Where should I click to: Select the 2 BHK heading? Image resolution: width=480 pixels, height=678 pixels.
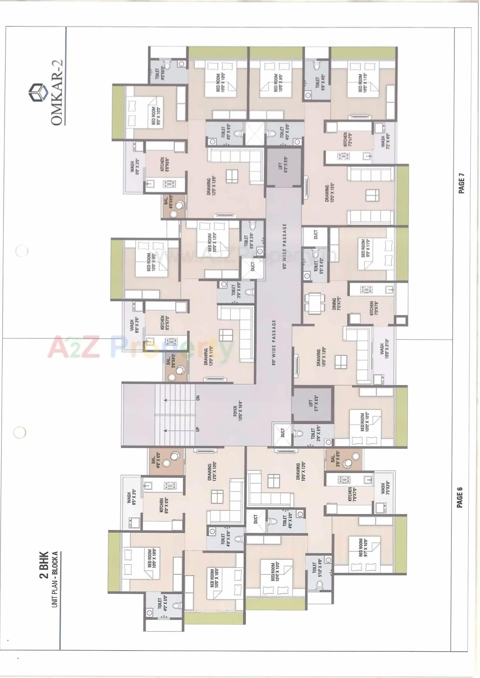(x=44, y=564)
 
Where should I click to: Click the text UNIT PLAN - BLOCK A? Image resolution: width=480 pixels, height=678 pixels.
(x=55, y=579)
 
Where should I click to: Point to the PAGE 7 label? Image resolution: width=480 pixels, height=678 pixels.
(x=461, y=183)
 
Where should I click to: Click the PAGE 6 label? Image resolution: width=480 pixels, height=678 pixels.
(x=460, y=497)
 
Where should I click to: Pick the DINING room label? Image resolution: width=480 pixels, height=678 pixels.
(x=336, y=304)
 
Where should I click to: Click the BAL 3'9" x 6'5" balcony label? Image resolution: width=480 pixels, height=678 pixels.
(x=334, y=459)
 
